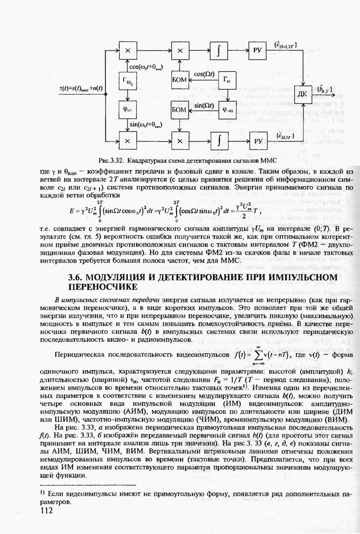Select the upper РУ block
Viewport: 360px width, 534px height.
tap(259, 51)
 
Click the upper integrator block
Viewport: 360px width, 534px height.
tap(219, 51)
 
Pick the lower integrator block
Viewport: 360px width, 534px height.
tap(219, 140)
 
